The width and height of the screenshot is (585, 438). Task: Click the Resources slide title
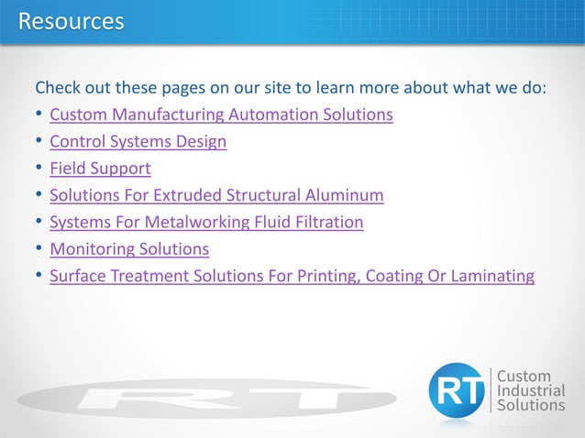71,20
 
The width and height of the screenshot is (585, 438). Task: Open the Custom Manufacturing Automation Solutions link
221,115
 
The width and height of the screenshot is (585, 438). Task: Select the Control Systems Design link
138,142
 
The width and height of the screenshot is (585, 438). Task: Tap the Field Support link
100,169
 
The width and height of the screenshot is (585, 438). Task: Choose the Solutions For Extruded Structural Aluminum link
216,195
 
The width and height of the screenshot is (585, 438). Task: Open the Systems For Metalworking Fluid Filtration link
206,222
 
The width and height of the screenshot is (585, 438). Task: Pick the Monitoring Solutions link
129,248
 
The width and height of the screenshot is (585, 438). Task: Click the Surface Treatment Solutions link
292,275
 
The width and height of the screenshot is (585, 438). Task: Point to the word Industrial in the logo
531,390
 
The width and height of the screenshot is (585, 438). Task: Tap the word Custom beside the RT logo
524,376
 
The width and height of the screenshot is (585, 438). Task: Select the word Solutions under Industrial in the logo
531,405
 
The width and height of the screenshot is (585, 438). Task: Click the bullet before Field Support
39,169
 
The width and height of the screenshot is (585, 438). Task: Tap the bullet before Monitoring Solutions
39,248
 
